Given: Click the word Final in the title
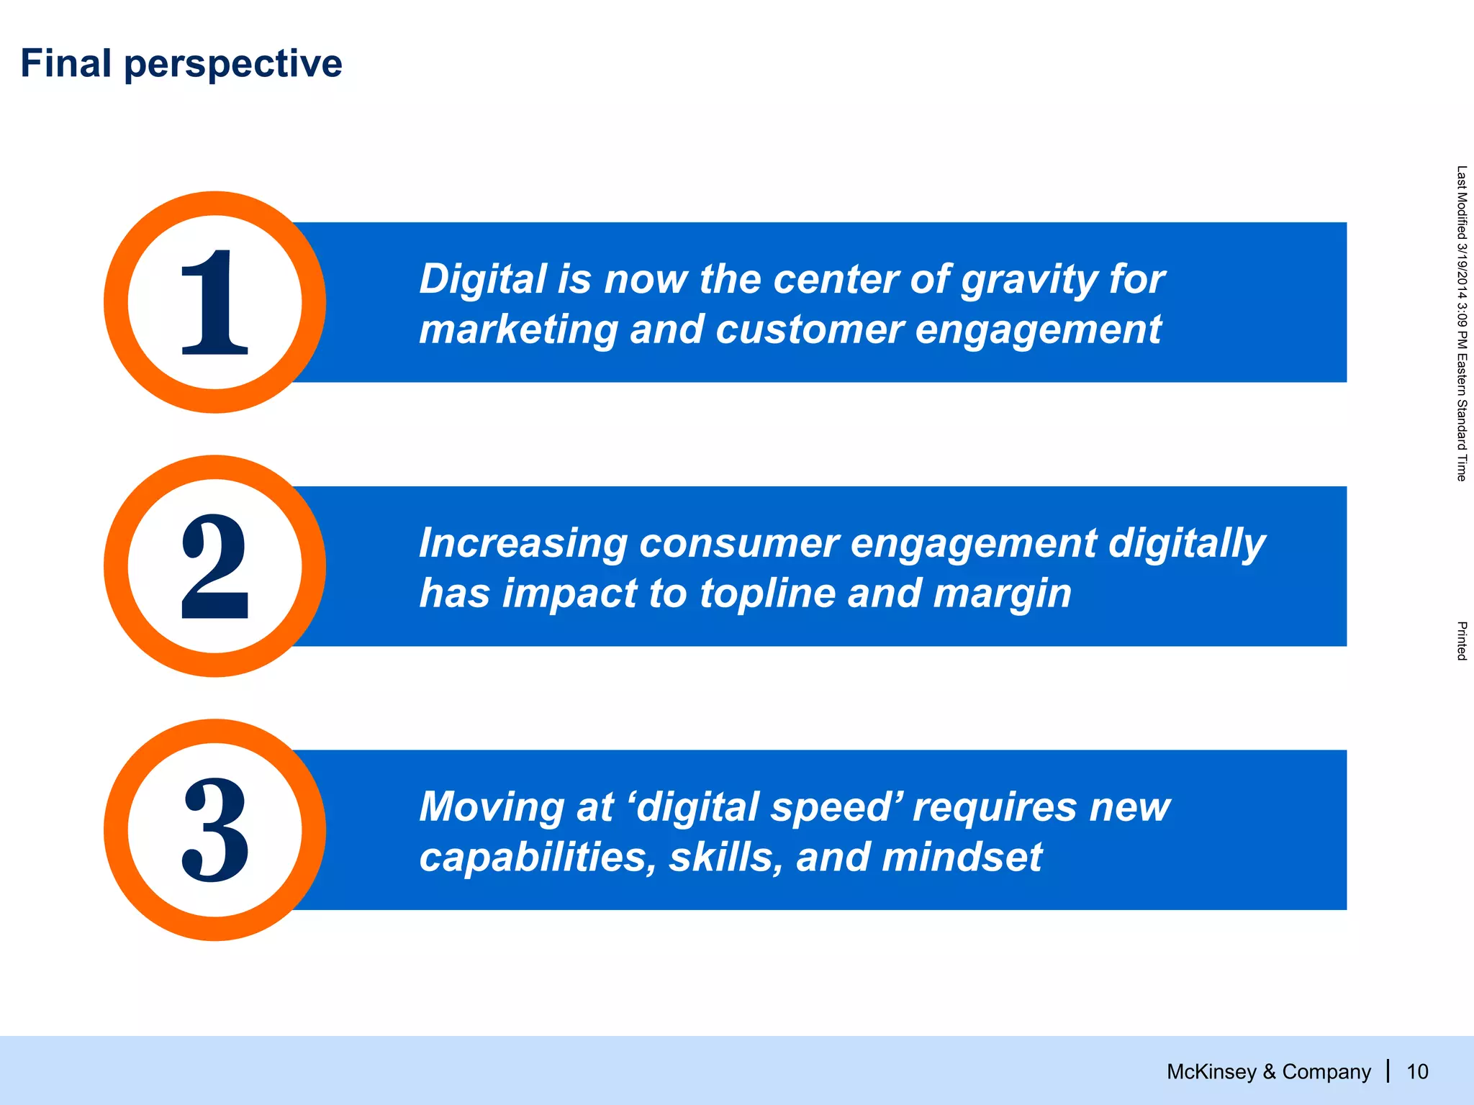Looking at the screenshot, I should pos(65,63).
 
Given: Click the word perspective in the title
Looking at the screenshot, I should pos(232,65).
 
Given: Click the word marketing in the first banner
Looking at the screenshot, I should pos(518,330).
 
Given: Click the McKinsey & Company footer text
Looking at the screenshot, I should pos(1268,1072).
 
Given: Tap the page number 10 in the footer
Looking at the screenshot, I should pos(1417,1072).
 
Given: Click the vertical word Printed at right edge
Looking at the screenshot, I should pos(1461,641).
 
